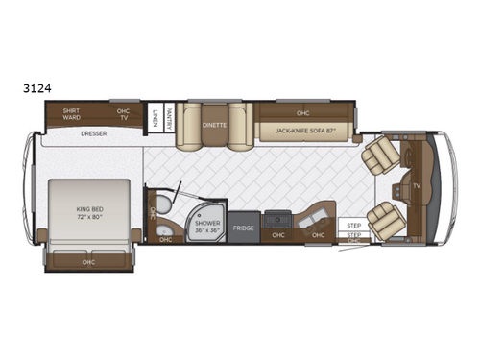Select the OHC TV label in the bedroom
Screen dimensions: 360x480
click(123, 114)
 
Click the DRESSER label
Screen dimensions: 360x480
click(93, 133)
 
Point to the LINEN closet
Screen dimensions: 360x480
click(155, 117)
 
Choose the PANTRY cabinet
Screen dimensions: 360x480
click(168, 116)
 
